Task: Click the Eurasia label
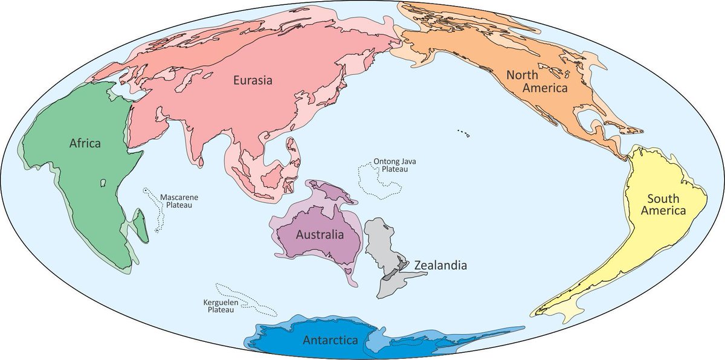(x=253, y=80)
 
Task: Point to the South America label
(x=666, y=205)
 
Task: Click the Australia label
(x=320, y=234)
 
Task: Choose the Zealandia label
(x=440, y=265)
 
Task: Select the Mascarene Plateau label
(x=179, y=201)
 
